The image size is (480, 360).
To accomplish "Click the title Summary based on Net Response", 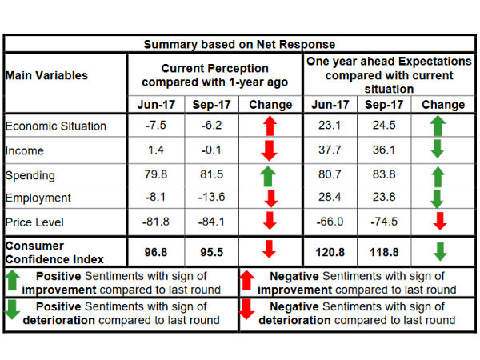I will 240,44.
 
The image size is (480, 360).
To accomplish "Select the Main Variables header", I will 46,75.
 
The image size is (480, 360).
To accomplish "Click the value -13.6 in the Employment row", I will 211,198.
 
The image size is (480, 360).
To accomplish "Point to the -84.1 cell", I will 211,222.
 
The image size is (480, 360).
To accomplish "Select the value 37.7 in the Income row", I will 330,150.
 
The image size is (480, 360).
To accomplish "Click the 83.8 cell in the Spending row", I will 386,174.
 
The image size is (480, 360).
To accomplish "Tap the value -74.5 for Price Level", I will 386,222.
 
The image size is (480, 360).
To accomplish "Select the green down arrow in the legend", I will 14,312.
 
